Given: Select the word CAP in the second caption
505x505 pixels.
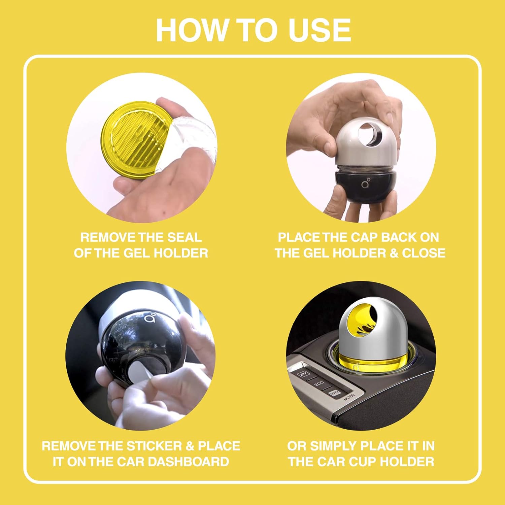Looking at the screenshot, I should [x=364, y=237].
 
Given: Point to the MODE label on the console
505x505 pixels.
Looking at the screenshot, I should [x=349, y=397].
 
